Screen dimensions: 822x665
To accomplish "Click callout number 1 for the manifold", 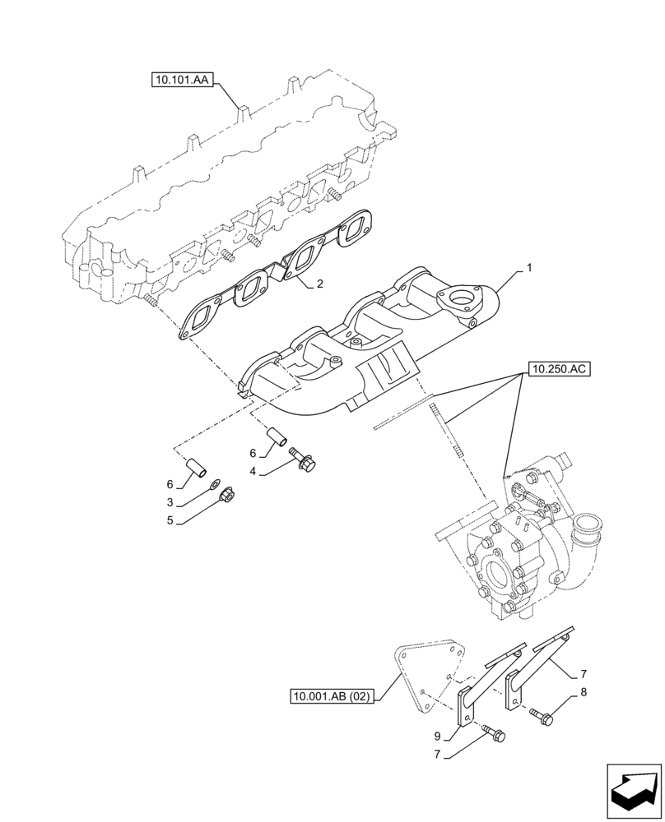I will (x=530, y=268).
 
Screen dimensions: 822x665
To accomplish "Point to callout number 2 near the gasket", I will (x=319, y=284).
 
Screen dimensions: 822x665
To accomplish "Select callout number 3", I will (x=169, y=501).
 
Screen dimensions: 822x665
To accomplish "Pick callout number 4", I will (x=253, y=471).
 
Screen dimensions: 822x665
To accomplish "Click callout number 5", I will (x=169, y=520).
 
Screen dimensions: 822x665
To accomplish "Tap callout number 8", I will (x=583, y=692).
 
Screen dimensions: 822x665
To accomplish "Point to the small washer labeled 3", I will (x=215, y=483).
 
